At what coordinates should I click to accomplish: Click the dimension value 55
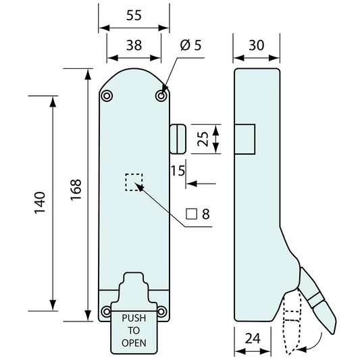[134, 16]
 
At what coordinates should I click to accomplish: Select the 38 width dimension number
[134, 45]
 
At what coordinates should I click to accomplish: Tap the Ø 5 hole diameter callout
[190, 45]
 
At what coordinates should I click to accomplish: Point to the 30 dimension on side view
[257, 45]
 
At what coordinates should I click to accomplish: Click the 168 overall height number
[76, 190]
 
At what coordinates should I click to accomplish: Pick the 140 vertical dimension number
[40, 203]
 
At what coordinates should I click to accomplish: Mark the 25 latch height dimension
[203, 139]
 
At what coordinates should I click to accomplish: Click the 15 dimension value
[178, 171]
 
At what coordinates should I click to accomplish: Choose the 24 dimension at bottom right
[253, 338]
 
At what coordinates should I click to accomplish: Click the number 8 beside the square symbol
[206, 214]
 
